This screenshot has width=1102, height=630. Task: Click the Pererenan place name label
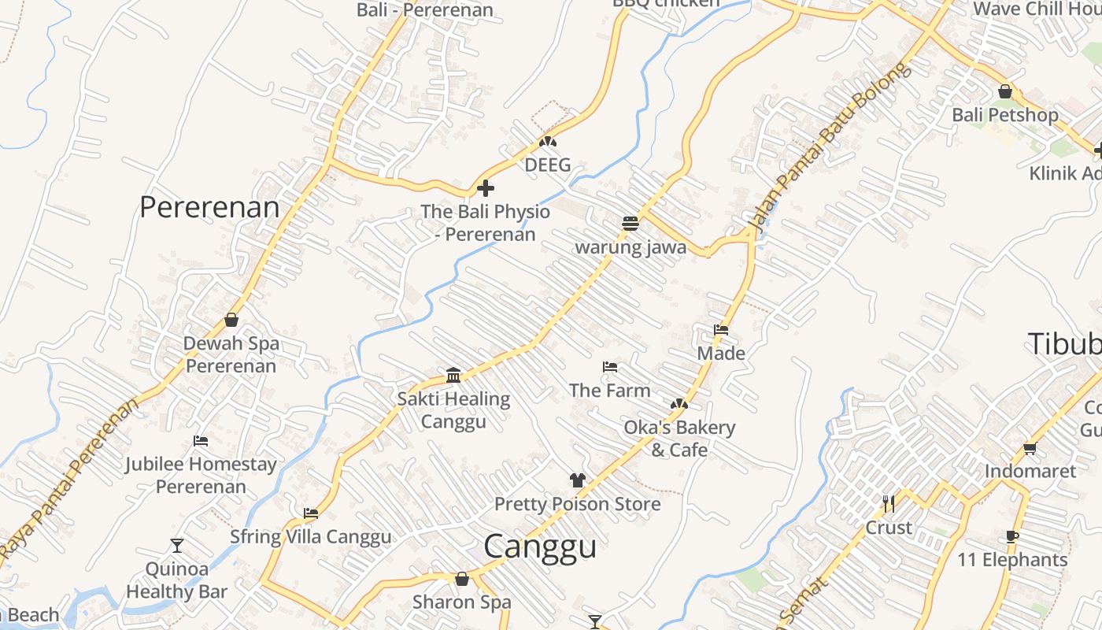(209, 207)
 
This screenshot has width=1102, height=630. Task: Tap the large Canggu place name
(540, 546)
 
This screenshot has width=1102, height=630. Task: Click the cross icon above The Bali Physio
(486, 188)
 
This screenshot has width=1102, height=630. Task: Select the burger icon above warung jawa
(630, 224)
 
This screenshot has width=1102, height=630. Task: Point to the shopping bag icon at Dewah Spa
(231, 320)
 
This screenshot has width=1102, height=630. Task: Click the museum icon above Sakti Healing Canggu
(453, 375)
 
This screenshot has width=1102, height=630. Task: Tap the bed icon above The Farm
(609, 367)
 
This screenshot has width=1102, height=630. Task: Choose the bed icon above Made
(721, 330)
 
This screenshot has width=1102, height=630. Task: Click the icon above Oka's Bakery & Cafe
(679, 404)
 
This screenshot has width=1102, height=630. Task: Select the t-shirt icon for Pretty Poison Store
(578, 480)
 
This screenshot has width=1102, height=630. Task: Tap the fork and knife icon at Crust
(889, 503)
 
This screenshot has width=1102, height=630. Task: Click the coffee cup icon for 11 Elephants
(1012, 537)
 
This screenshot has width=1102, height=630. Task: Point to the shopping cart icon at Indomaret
(1030, 448)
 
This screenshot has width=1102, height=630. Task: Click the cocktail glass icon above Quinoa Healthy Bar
(177, 545)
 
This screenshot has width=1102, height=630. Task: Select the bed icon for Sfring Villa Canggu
(311, 513)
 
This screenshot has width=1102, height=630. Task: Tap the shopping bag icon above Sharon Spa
(462, 579)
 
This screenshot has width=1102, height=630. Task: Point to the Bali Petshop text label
(1005, 115)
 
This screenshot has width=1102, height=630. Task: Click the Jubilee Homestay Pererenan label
(201, 475)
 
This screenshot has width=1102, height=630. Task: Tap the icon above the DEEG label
(548, 143)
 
